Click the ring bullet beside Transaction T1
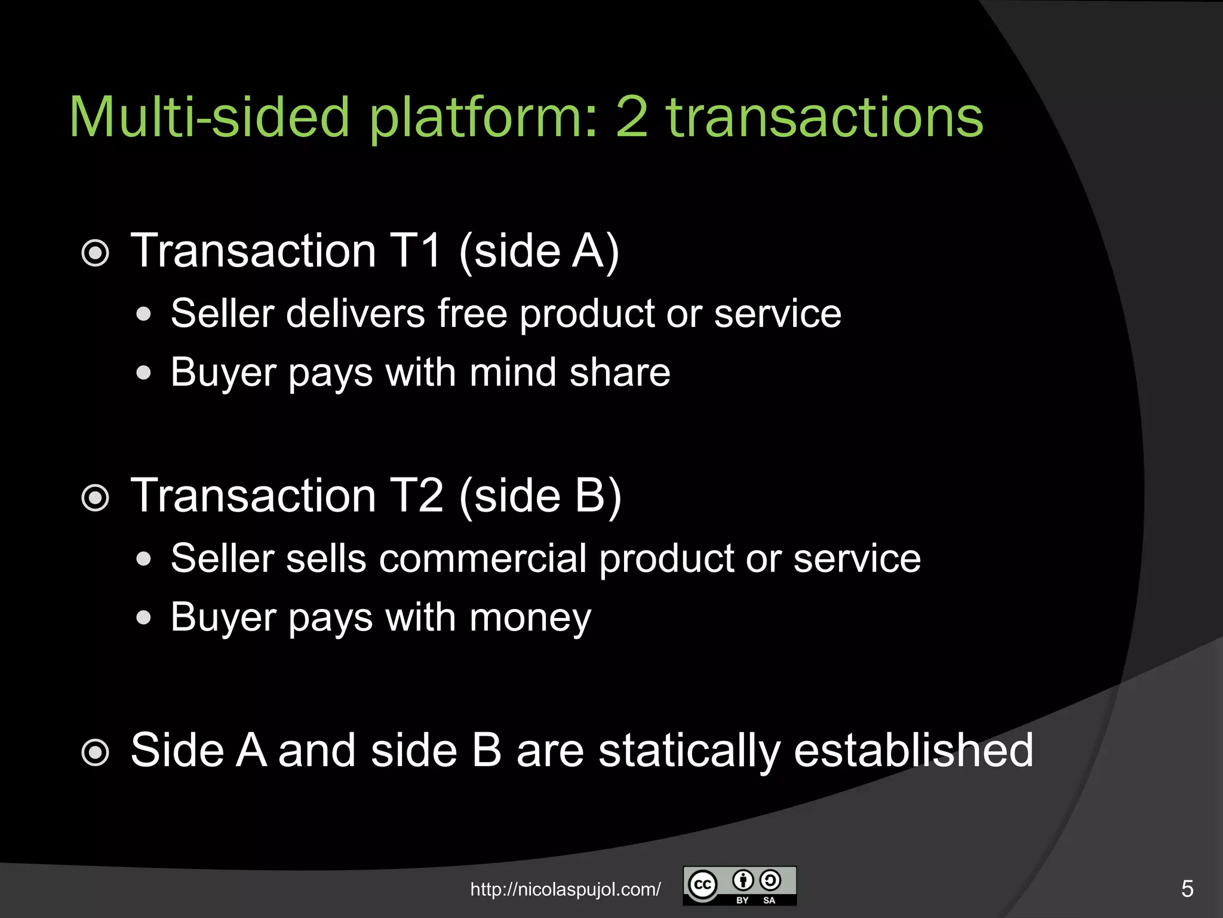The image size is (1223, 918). tap(95, 253)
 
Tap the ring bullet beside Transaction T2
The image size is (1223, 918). tap(95, 498)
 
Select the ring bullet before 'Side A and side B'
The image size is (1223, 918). tap(95, 752)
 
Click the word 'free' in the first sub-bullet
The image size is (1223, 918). tap(472, 313)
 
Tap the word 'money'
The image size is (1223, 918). tap(530, 618)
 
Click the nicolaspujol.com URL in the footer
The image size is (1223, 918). tap(566, 889)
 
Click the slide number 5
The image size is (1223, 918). tap(1187, 889)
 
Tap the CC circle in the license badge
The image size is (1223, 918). tap(702, 885)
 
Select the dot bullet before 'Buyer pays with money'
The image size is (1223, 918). tap(143, 617)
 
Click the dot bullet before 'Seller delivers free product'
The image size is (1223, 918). tap(143, 314)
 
